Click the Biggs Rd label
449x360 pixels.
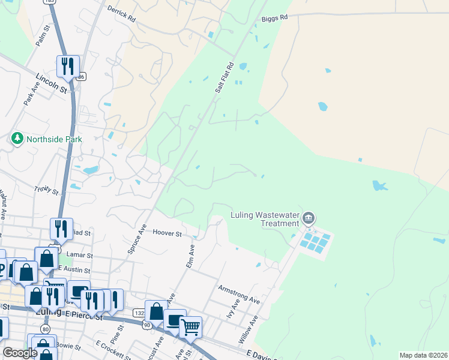pos(275,18)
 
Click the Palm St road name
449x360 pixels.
pos(41,35)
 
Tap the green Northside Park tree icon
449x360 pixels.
pos(17,139)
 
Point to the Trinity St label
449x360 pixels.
pos(46,190)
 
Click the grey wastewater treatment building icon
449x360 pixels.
pos(309,217)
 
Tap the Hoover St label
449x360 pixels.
pos(167,233)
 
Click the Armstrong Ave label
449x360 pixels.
pos(239,294)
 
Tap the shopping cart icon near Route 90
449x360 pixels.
pos(190,327)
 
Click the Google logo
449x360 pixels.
pos(20,353)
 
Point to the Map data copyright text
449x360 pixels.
pos(424,355)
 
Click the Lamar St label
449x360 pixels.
pos(78,254)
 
